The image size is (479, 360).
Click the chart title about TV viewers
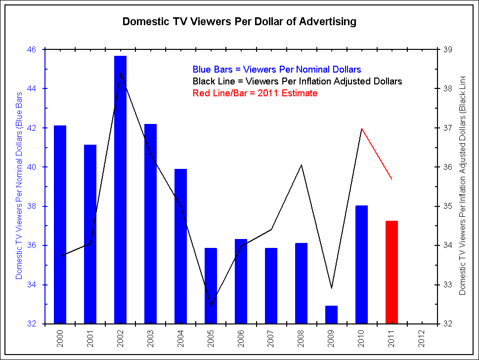[x=239, y=22]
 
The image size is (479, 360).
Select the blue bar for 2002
[x=120, y=190]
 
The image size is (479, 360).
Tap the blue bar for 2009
[x=331, y=315]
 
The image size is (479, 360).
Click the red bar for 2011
[x=392, y=272]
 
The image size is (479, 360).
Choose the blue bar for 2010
[x=361, y=264]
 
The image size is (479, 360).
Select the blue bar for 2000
[x=60, y=225]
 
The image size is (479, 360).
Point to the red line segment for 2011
[x=377, y=154]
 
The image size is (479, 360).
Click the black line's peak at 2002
[x=121, y=74]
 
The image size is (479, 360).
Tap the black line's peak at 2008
[x=302, y=164]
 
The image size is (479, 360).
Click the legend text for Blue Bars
[x=276, y=69]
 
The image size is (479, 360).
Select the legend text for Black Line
[x=297, y=81]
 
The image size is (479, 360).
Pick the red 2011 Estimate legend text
[x=255, y=93]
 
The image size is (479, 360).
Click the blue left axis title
[x=19, y=185]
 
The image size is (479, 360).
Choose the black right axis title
[x=462, y=185]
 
